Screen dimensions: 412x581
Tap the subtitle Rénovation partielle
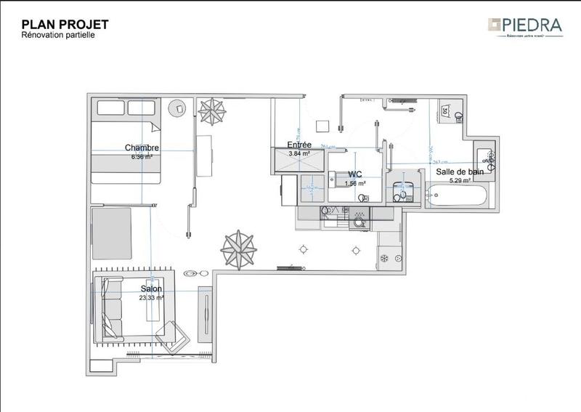pos(59,35)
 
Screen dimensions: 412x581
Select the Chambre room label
pos(142,148)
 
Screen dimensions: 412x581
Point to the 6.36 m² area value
pos(142,156)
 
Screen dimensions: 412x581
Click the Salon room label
pos(151,289)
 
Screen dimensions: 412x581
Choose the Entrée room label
pos(299,145)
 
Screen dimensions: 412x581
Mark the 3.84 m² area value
pos(299,153)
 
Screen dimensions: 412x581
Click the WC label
pos(355,174)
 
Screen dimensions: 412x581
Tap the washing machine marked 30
pos(449,111)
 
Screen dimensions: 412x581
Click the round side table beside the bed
pos(178,108)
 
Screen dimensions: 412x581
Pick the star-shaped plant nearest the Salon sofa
pos(237,248)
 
